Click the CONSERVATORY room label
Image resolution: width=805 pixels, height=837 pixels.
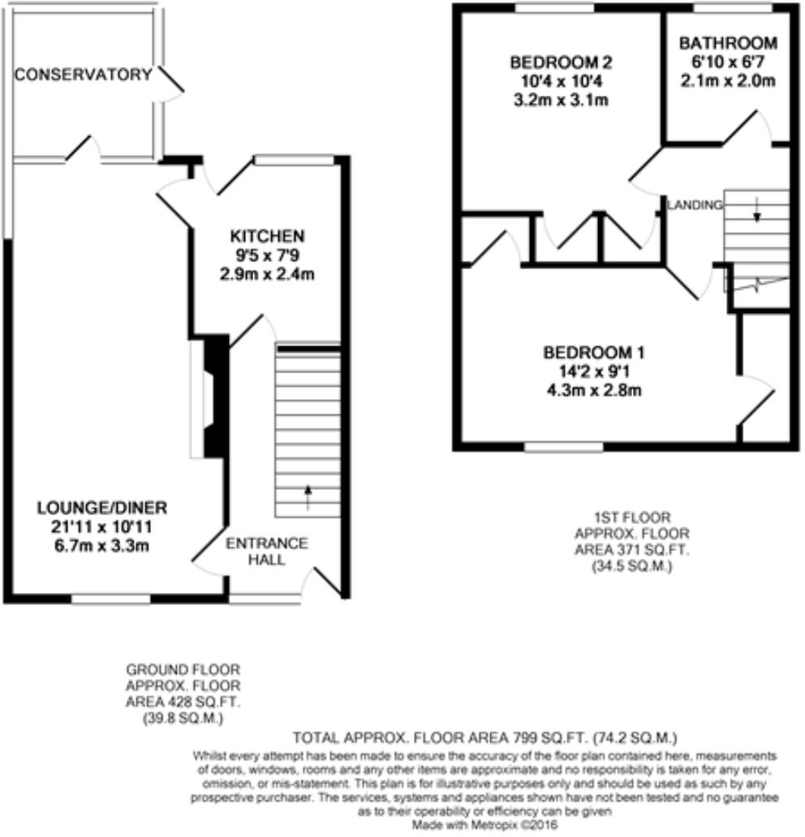84,75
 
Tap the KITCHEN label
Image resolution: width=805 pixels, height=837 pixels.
267,236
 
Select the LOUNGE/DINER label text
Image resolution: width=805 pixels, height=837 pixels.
101,508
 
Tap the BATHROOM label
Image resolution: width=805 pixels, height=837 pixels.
728,43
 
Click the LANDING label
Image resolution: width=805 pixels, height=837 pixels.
695,205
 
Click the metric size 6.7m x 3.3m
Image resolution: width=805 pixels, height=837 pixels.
101,544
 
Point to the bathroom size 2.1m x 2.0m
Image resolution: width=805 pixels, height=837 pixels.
728,80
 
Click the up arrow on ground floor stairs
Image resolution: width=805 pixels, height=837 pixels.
308,496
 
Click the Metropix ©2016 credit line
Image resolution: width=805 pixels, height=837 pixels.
484,825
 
